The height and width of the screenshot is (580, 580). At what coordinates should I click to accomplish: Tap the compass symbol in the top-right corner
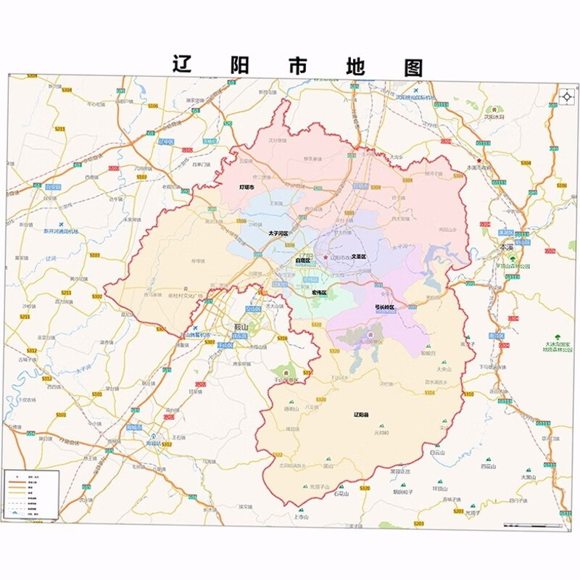coord(566,96)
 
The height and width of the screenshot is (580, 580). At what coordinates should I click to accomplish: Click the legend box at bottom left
coord(30,494)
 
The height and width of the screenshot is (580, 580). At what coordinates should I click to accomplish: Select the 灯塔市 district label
coord(252,187)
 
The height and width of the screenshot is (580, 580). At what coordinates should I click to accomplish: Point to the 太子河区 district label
coord(278,233)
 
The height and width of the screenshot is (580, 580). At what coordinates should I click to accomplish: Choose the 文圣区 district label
coord(358,257)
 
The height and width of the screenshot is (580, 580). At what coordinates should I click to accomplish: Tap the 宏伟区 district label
coord(319,292)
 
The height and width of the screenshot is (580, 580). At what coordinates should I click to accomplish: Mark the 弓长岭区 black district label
coord(384,307)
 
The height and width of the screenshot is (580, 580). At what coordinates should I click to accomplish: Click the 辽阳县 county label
coord(361,415)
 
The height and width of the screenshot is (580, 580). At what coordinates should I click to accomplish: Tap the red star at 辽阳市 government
coord(326,257)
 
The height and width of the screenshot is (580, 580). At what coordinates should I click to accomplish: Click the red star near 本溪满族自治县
coord(478,160)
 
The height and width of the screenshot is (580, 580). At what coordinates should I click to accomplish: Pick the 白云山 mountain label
coord(436,452)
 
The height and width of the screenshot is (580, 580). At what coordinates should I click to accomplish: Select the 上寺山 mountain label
coord(302,517)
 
